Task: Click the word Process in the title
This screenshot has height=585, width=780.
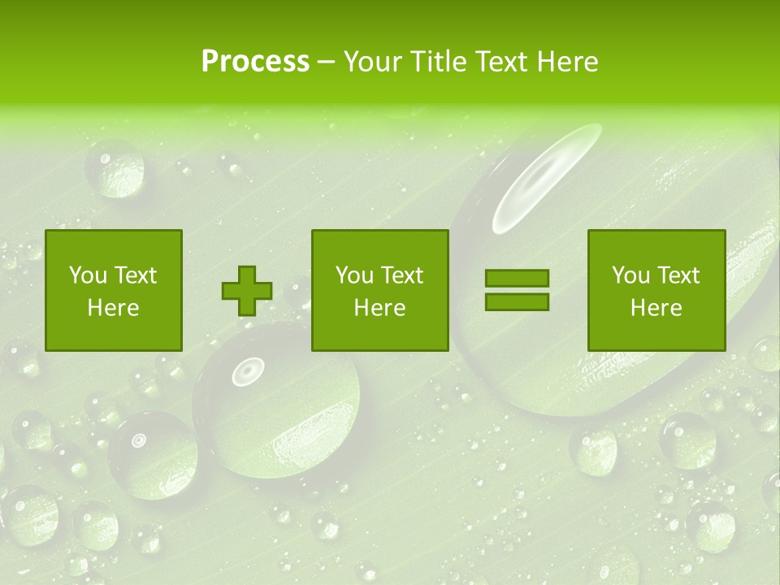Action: point(255,62)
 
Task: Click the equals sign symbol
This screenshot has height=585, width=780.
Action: point(517,290)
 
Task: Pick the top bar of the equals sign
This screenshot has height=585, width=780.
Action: point(517,279)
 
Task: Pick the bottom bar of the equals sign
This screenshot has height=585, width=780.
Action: point(517,301)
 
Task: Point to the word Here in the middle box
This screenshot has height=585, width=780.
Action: point(379,308)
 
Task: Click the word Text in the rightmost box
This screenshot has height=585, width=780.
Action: point(678,275)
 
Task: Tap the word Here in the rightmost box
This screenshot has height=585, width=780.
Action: point(656,308)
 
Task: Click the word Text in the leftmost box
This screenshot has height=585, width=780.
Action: point(135,275)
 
